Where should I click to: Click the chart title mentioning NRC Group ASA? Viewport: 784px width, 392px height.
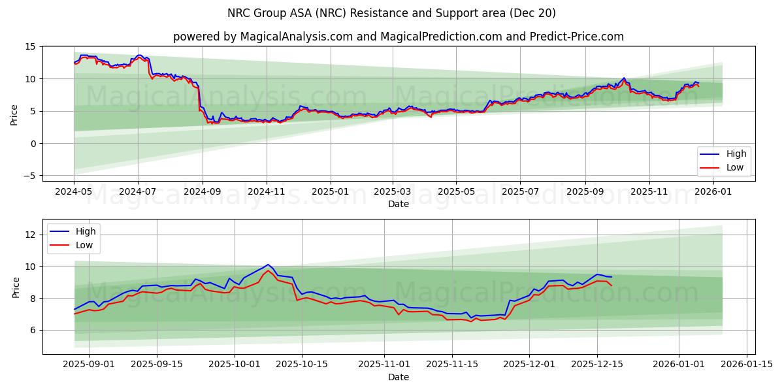pos(392,13)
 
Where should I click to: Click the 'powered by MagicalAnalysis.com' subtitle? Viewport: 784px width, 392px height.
pos(399,37)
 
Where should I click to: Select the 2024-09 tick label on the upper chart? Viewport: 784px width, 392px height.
pos(202,192)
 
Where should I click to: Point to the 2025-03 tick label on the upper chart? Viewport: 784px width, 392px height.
pos(393,192)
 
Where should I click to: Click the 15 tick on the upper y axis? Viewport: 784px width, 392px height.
pos(30,47)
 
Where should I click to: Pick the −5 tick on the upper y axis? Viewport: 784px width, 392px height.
pos(28,176)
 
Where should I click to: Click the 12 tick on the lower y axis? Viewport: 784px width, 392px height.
pos(30,235)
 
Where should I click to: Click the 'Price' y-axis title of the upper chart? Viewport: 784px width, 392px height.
pos(14,114)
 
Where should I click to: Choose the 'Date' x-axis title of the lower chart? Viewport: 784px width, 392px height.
pos(399,377)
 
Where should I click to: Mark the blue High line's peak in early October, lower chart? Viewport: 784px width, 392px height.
pos(268,265)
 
